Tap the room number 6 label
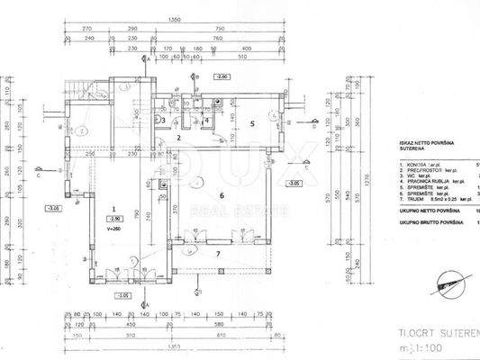pyautogui.click(x=221, y=194)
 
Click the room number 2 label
pyautogui.click(x=180, y=139)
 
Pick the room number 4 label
pyautogui.click(x=207, y=120)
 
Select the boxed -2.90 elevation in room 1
pyautogui.click(x=115, y=219)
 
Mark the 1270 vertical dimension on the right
pyautogui.click(x=367, y=191)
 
